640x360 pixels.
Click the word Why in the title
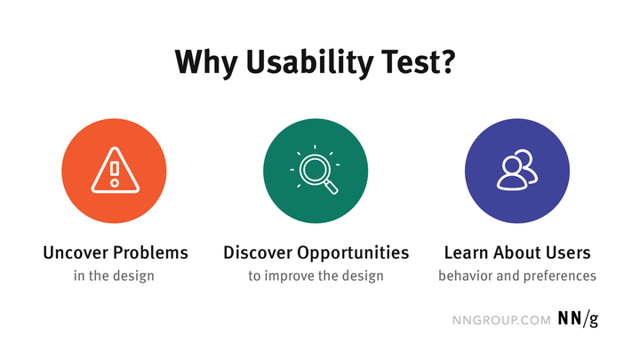tap(206, 62)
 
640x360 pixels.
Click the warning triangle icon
tap(115, 170)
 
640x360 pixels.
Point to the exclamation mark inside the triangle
tap(115, 174)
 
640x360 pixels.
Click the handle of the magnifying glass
tap(332, 188)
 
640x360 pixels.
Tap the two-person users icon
tap(517, 170)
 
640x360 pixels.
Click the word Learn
tap(466, 252)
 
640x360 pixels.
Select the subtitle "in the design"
tap(114, 276)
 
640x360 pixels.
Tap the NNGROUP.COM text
tap(501, 320)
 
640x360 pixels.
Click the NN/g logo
tap(578, 319)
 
